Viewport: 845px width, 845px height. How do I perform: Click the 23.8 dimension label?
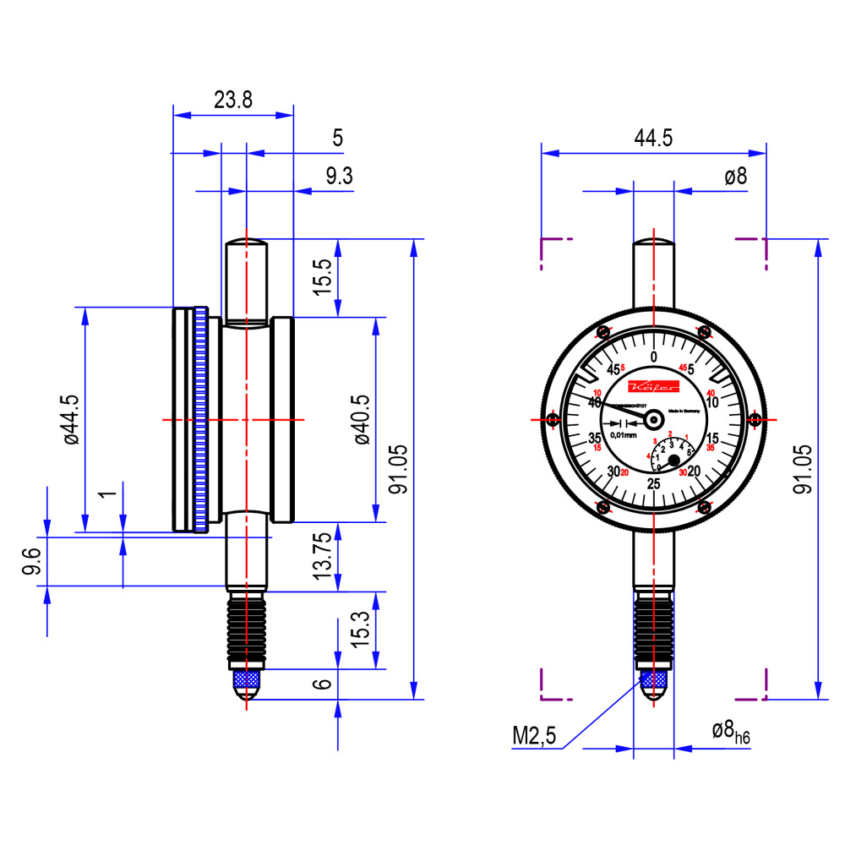pos(232,101)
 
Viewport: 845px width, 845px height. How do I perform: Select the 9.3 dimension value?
pos(339,177)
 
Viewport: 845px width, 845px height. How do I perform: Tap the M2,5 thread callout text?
pos(534,737)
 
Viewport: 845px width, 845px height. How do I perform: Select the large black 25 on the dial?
pos(653,483)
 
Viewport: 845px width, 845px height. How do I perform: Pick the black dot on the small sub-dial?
pos(674,461)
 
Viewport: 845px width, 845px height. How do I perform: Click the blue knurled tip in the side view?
pos(246,679)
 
